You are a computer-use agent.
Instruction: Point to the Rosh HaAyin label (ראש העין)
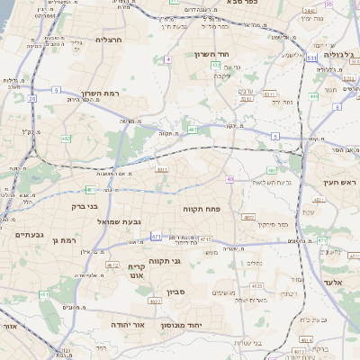tap(340, 182)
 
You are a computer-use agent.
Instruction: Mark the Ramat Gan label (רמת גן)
tap(67, 238)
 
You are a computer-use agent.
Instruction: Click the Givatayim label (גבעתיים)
tap(30, 235)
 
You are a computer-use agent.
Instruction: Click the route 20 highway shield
tap(31, 98)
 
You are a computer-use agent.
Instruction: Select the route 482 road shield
tap(67, 138)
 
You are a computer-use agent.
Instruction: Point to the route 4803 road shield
tap(247, 217)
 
